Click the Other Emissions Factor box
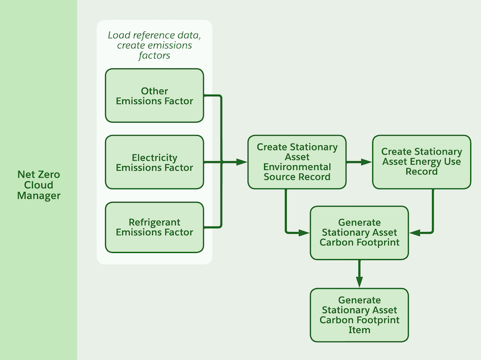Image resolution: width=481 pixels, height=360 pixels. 155,96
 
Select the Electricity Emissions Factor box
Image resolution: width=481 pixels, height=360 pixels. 155,162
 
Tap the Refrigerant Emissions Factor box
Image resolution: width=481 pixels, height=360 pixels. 155,227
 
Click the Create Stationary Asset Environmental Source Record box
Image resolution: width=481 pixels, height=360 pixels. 297,162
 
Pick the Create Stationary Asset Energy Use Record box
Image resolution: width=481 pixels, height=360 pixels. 421,162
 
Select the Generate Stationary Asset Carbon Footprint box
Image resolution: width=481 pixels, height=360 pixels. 359,233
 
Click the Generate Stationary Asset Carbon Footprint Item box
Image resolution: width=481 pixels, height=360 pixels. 359,315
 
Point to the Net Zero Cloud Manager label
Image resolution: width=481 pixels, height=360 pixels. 38,185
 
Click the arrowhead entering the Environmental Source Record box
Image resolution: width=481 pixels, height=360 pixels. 242,162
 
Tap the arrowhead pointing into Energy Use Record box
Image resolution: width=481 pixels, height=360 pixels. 367,162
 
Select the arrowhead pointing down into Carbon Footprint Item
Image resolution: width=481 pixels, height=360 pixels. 359,282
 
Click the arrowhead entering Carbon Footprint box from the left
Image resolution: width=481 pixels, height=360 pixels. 304,233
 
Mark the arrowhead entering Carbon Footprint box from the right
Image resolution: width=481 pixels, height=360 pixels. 414,233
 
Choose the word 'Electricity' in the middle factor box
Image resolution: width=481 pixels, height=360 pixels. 155,157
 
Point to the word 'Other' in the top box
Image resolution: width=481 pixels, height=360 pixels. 155,91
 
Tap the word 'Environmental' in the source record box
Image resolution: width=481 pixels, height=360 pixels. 297,166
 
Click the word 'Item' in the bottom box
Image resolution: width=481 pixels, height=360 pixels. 359,329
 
